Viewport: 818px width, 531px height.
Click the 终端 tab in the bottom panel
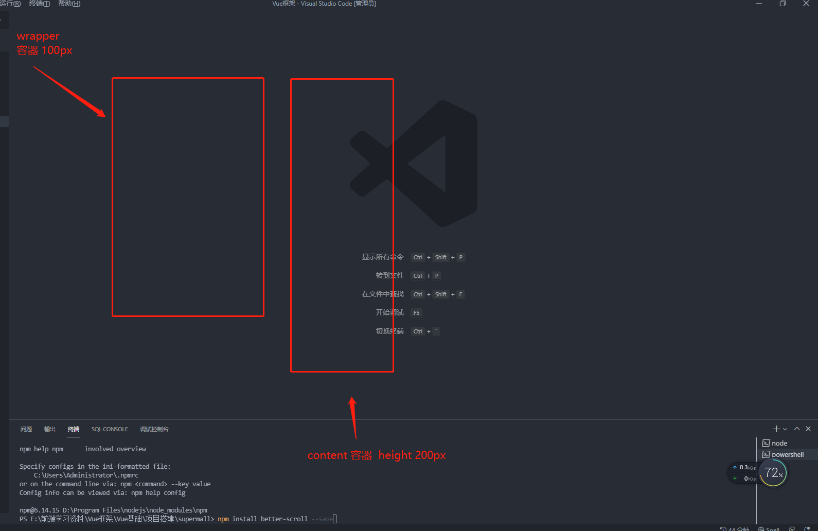pos(74,429)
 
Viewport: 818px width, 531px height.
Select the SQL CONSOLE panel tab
pos(110,429)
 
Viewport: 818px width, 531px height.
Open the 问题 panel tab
pos(26,429)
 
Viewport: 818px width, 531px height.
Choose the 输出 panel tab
pos(50,429)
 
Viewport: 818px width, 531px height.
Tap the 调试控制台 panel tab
pos(154,429)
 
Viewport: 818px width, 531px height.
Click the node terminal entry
pos(779,443)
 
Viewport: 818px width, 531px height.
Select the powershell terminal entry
pos(787,454)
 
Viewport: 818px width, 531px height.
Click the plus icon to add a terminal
pos(776,429)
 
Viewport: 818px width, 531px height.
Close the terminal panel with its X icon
pos(808,429)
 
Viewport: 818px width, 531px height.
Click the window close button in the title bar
pos(806,4)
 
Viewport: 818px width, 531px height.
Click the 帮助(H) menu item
pos(69,4)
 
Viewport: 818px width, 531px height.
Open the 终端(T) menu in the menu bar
pos(40,4)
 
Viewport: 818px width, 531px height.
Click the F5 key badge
pos(416,313)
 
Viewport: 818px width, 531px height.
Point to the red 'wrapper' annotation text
pos(38,37)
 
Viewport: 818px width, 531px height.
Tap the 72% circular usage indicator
pos(773,472)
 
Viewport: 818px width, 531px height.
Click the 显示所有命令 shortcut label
pos(382,257)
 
